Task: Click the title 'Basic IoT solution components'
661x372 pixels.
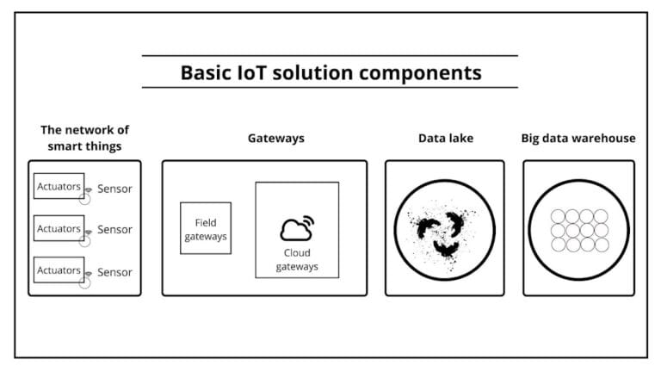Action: [x=330, y=72]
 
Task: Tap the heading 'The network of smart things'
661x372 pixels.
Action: [x=84, y=138]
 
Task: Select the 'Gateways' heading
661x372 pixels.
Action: [x=276, y=138]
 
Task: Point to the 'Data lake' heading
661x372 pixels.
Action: [x=446, y=138]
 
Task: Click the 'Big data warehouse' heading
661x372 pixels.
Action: [x=578, y=138]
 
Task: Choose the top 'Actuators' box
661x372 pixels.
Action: [x=59, y=186]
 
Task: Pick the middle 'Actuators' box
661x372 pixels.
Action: [x=59, y=228]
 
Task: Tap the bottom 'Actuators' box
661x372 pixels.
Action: [x=59, y=270]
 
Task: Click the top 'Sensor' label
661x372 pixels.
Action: [x=114, y=189]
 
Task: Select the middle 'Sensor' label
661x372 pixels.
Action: [x=114, y=230]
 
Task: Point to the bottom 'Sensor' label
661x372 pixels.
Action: [x=114, y=272]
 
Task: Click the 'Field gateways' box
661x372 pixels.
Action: [x=206, y=229]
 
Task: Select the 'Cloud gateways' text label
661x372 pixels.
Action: [x=297, y=260]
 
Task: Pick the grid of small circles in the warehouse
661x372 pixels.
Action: [x=578, y=230]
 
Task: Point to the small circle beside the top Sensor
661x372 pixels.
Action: [x=84, y=197]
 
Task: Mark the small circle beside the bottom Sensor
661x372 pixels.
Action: [x=84, y=282]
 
